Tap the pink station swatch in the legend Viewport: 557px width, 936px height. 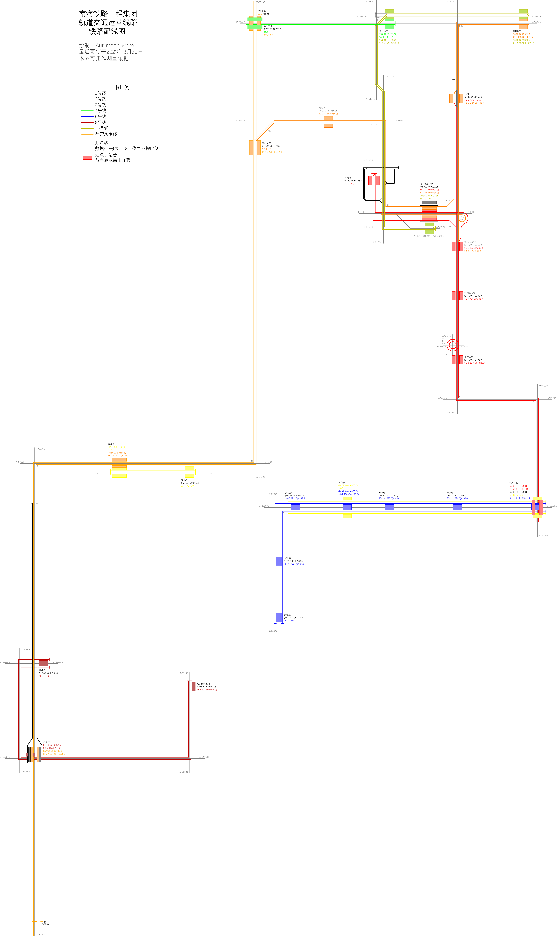click(x=87, y=158)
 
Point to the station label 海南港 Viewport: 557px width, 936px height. click(x=348, y=178)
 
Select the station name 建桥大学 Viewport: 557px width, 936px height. click(x=267, y=143)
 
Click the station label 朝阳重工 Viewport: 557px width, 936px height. click(x=517, y=31)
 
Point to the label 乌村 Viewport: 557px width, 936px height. click(x=467, y=94)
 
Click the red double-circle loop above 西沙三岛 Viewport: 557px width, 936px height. click(x=453, y=345)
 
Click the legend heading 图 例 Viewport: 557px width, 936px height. click(x=123, y=87)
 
